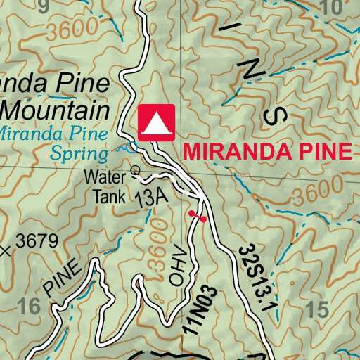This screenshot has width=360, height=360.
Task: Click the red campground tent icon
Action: coord(156,123)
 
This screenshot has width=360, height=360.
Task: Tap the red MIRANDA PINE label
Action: coord(266,152)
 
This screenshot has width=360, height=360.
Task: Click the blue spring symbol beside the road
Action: coord(129,148)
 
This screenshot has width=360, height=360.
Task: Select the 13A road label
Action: coord(153,199)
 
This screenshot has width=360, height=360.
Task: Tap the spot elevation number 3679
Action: coord(36,242)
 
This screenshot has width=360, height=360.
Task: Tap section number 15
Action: coord(319,308)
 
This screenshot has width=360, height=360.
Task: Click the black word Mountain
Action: coord(56,111)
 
